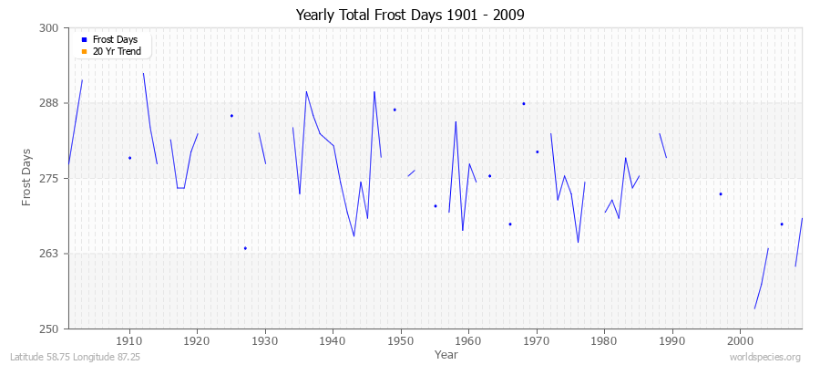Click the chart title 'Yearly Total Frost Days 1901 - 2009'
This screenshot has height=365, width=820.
(x=410, y=16)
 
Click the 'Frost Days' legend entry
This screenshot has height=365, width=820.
(x=114, y=40)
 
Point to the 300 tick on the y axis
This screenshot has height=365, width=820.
(x=50, y=28)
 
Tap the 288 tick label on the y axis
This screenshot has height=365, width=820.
(x=50, y=103)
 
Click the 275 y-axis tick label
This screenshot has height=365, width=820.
(x=50, y=178)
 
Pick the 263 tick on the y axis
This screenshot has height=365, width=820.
(x=50, y=254)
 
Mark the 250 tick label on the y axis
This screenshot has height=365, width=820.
(x=50, y=328)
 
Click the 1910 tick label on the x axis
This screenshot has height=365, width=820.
(x=129, y=340)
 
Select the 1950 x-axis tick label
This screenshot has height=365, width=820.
(x=401, y=340)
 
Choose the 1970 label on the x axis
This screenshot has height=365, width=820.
(x=537, y=340)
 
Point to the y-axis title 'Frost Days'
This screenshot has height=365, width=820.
(x=28, y=177)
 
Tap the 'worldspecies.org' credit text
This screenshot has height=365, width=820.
(x=765, y=357)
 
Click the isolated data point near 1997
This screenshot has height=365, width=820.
(x=721, y=193)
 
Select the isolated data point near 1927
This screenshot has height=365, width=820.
(x=245, y=248)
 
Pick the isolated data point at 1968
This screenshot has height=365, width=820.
(x=524, y=103)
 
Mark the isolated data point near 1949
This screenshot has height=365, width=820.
(x=395, y=109)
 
